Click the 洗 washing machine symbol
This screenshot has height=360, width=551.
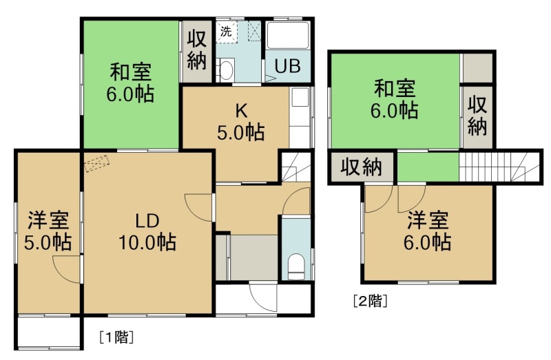click(x=227, y=32)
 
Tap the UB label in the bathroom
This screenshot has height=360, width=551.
click(x=287, y=66)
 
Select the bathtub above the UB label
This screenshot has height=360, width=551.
click(x=288, y=35)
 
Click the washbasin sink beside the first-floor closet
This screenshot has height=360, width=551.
click(x=227, y=70)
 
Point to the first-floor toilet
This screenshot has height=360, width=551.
click(x=296, y=267)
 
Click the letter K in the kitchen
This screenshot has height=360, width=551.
click(x=241, y=112)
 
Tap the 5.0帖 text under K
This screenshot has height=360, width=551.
click(x=240, y=133)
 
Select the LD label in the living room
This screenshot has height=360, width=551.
click(x=147, y=221)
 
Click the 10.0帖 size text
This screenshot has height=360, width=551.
click(x=147, y=242)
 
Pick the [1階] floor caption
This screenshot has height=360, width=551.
click(x=116, y=337)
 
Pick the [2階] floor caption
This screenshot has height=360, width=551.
click(x=371, y=301)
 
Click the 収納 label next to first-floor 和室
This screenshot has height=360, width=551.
click(x=196, y=50)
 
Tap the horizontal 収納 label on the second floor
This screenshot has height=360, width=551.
click(x=361, y=167)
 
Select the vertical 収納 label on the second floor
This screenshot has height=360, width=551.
click(x=477, y=116)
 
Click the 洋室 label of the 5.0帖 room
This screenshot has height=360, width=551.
click(x=48, y=220)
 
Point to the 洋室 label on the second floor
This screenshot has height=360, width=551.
click(x=428, y=220)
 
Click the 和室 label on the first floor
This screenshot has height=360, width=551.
click(x=130, y=72)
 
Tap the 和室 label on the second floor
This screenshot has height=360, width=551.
click(x=395, y=88)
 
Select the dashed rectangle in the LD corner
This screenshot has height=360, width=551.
click(x=97, y=164)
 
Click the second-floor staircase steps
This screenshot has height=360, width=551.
click(x=498, y=167)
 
